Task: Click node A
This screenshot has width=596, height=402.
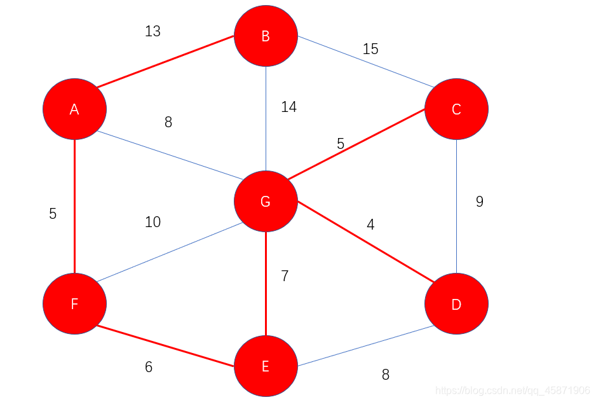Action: click(74, 109)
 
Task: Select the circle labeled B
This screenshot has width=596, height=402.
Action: click(266, 36)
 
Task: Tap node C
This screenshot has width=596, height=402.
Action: click(456, 109)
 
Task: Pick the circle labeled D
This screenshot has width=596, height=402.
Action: click(456, 305)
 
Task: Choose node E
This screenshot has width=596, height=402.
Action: click(266, 366)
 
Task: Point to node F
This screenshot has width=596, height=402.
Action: click(74, 303)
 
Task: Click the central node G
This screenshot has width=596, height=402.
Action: click(266, 201)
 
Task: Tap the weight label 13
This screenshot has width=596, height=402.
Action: click(152, 31)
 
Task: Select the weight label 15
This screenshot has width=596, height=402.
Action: click(370, 49)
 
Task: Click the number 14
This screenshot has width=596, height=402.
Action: click(288, 107)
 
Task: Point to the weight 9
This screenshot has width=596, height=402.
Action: click(480, 202)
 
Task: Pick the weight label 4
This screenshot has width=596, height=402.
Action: click(370, 224)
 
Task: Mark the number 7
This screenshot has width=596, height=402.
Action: click(285, 276)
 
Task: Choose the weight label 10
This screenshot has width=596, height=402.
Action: click(152, 222)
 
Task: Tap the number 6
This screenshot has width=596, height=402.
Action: click(149, 367)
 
